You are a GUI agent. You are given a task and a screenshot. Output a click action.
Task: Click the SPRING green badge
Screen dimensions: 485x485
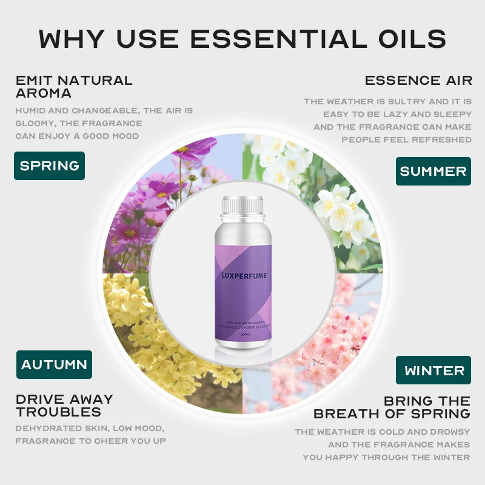49,166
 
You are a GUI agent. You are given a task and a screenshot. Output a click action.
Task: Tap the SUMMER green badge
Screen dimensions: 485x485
433,172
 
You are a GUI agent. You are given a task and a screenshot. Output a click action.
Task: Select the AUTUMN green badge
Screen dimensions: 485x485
54,365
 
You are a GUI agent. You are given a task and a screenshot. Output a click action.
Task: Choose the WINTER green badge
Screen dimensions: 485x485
434,370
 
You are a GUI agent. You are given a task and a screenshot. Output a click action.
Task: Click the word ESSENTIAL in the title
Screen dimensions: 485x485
273,39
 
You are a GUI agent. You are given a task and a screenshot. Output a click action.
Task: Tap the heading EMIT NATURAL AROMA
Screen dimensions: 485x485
73,87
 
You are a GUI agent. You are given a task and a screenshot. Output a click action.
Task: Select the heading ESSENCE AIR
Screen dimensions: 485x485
418,80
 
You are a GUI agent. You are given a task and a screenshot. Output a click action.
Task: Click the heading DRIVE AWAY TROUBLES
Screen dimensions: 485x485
64,406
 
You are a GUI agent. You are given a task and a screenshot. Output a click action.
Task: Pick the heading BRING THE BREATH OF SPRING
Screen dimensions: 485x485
392,407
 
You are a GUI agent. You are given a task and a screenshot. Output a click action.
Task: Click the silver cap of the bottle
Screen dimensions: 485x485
242,206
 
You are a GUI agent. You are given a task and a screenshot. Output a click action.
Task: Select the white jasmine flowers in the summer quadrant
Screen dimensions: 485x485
327,194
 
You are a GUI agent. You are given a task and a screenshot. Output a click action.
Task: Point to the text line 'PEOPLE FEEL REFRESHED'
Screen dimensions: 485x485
406,139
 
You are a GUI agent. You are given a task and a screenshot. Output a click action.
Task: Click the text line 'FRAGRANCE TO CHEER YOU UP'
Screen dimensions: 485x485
90,441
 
